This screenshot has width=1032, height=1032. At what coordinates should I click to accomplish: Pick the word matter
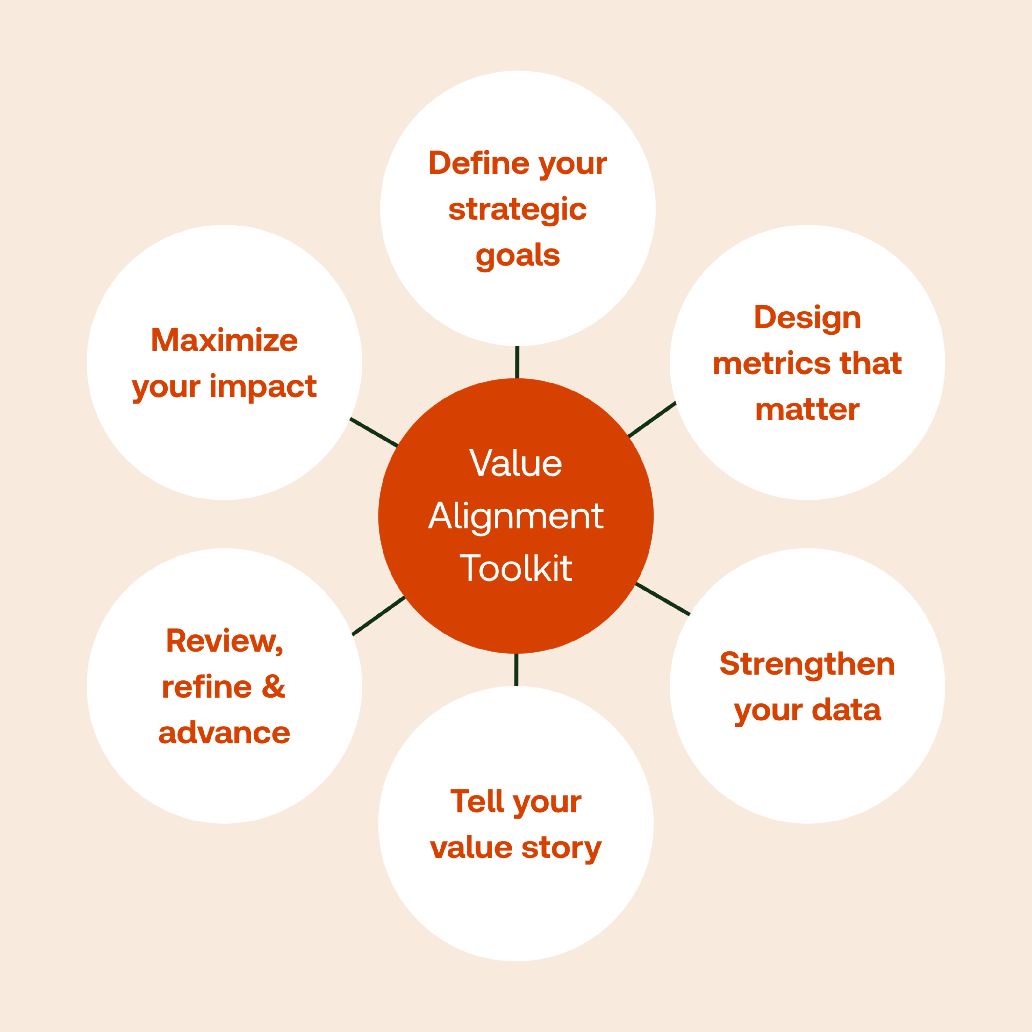click(807, 410)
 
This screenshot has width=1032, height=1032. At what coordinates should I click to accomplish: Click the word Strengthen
click(807, 664)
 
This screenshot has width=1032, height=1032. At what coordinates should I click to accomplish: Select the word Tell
click(477, 801)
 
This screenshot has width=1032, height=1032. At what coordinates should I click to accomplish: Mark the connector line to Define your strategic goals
click(517, 362)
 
